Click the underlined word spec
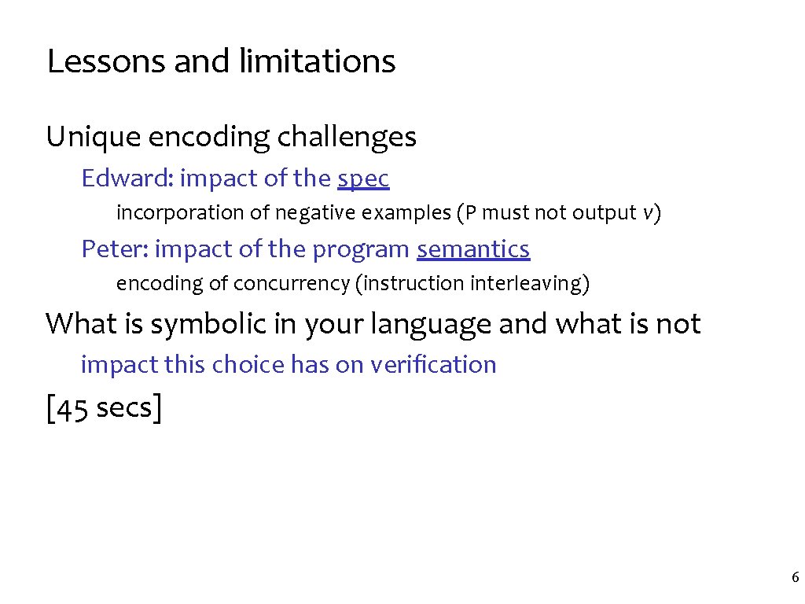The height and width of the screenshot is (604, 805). pos(363,179)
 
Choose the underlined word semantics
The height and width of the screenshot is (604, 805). pos(473,249)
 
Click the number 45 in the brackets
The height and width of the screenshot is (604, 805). pos(72,410)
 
